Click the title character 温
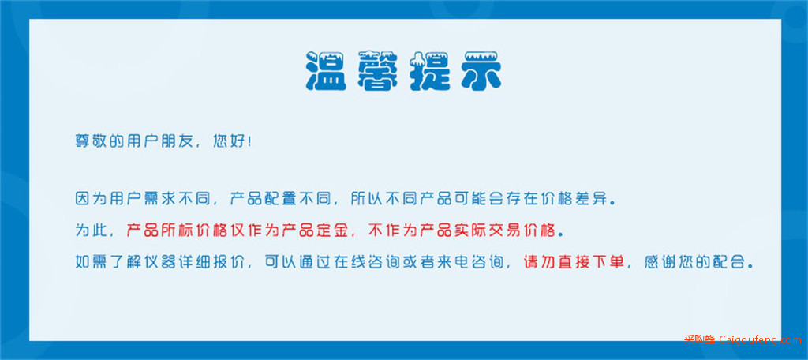tap(326, 71)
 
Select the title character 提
tap(430, 71)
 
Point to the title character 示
tap(482, 71)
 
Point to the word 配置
tap(281, 199)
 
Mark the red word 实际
tap(470, 231)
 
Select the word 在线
tap(350, 263)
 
